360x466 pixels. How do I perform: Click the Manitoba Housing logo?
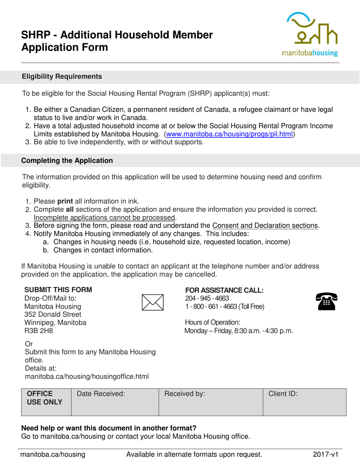312,34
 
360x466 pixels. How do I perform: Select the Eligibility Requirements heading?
62,77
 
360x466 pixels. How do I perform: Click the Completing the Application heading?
67,161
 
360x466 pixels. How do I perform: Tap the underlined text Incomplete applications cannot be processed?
105,217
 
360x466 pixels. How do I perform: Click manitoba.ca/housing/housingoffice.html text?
86,376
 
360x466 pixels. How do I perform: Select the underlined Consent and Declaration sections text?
265,226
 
